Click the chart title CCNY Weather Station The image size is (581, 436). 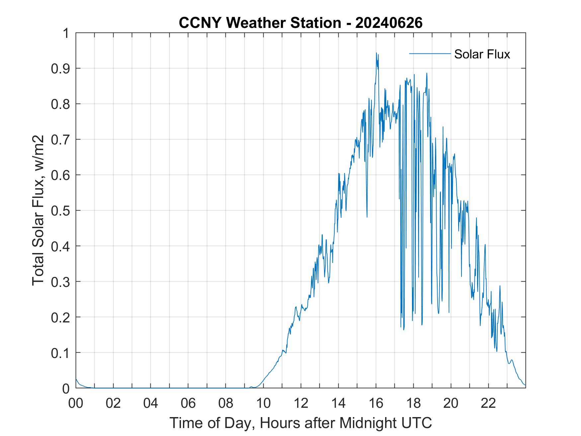[260, 23]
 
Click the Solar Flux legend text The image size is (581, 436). [482, 54]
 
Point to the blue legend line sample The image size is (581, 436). [430, 53]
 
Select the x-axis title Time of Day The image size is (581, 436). [300, 423]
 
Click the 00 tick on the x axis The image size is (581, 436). [76, 403]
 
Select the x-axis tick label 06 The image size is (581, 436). [188, 403]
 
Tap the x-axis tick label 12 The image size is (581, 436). [301, 403]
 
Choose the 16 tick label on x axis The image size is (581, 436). [376, 403]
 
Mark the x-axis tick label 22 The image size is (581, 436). [488, 403]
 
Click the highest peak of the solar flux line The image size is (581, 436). [376, 53]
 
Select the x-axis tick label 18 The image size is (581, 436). [413, 403]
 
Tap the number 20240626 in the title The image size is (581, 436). [389, 23]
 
